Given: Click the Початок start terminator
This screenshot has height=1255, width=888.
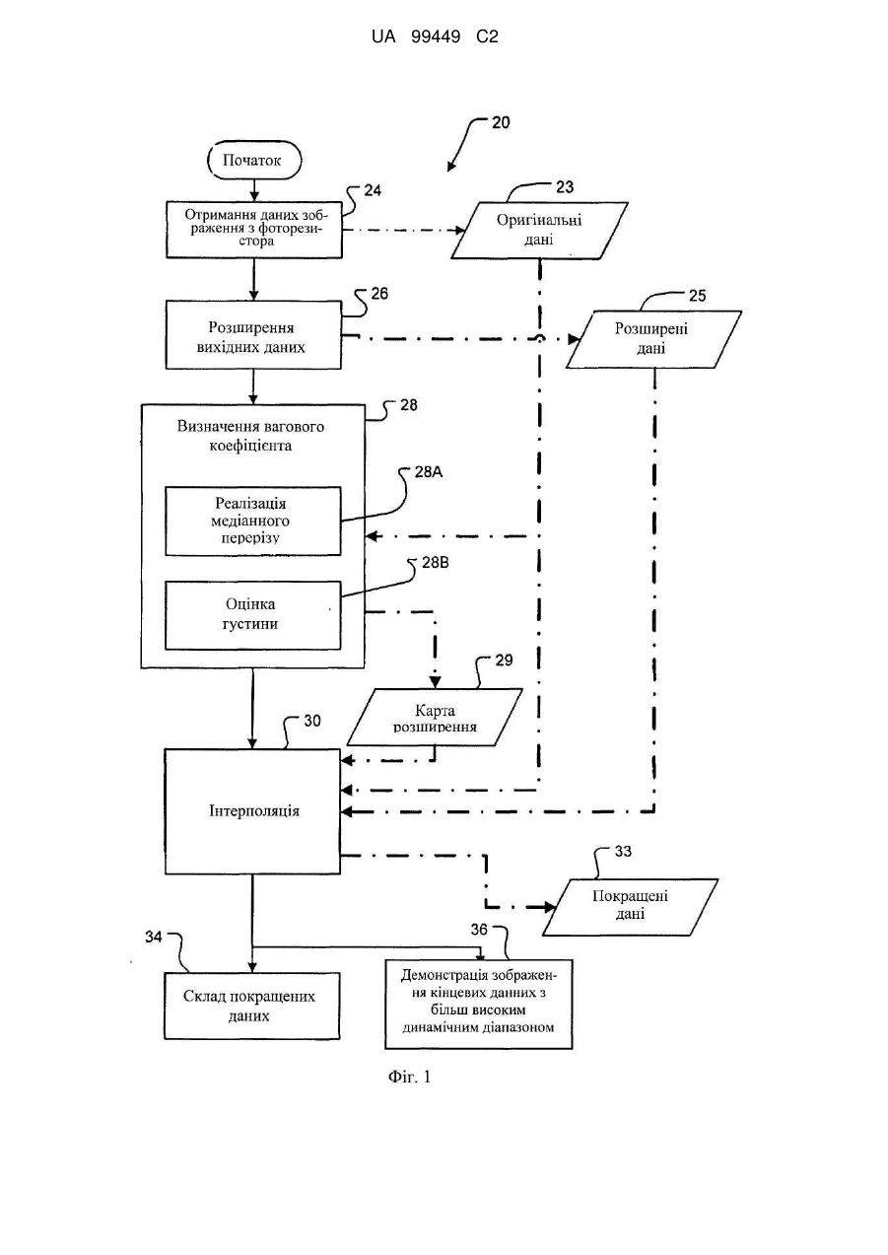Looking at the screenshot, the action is coord(254,161).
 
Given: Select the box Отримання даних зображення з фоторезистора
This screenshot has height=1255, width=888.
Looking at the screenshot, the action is coord(254,230).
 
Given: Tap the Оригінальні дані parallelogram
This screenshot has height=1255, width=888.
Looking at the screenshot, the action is coord(539,231).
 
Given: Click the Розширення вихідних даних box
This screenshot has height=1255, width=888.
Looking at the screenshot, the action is coord(253,335).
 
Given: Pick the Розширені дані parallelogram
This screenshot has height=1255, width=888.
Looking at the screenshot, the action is coord(653,339).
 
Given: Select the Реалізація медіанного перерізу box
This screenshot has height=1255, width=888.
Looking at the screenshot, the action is coord(252,522).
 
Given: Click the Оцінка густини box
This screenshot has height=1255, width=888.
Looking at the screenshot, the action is coord(252,615).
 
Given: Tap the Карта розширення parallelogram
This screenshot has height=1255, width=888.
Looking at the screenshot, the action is coord(435,717).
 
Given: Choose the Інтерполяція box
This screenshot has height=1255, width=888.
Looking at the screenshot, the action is coord(252,811).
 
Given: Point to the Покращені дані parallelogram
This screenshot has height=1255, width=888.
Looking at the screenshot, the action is coord(630,907).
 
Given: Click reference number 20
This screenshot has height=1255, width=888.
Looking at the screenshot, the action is coord(501,122).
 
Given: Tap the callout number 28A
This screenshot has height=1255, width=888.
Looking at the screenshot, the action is coord(429,472).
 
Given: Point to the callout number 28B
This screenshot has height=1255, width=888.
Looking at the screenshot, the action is coord(436,563).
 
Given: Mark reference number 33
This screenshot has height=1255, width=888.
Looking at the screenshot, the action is coord(623,851).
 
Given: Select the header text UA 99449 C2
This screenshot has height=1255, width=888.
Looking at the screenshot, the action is coord(435,37).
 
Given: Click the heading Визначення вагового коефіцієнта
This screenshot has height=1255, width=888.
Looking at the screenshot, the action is coord(250,436).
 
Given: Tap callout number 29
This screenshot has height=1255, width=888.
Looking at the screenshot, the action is coord(504,660).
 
